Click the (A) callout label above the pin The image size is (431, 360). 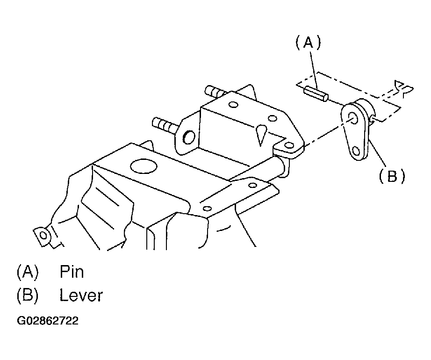pyautogui.click(x=308, y=43)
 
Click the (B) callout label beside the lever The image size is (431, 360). pyautogui.click(x=392, y=176)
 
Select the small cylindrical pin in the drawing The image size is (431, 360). pyautogui.click(x=316, y=94)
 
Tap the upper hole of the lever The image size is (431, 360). pyautogui.click(x=354, y=118)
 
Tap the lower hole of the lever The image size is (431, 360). pyautogui.click(x=356, y=151)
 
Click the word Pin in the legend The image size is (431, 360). pyautogui.click(x=72, y=272)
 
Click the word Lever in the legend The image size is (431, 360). pyautogui.click(x=81, y=295)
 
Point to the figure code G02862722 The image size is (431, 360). pyautogui.click(x=48, y=321)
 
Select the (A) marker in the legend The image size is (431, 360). pyautogui.click(x=28, y=272)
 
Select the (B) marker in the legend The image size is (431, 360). pyautogui.click(x=28, y=295)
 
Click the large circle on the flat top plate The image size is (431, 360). pyautogui.click(x=144, y=166)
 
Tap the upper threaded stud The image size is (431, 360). pyautogui.click(x=216, y=92)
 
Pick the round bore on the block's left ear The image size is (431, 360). pyautogui.click(x=189, y=137)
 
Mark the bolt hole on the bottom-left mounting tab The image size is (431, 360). pyautogui.click(x=43, y=236)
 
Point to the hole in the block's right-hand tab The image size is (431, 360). pyautogui.click(x=289, y=145)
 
